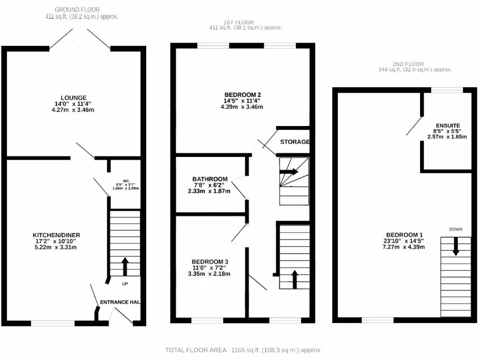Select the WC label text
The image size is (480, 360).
[x=126, y=180]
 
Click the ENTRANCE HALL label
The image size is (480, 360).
[x=120, y=302]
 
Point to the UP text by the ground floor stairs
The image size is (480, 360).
[x=125, y=284]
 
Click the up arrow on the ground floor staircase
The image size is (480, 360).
[x=125, y=266]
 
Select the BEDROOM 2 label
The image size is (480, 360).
[x=241, y=93]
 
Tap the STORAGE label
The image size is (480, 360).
[x=295, y=142]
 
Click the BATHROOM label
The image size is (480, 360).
[x=210, y=179]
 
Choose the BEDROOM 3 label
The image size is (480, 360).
[x=210, y=261]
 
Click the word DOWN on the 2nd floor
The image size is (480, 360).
[x=456, y=229]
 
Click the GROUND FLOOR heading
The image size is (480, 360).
[x=77, y=9]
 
